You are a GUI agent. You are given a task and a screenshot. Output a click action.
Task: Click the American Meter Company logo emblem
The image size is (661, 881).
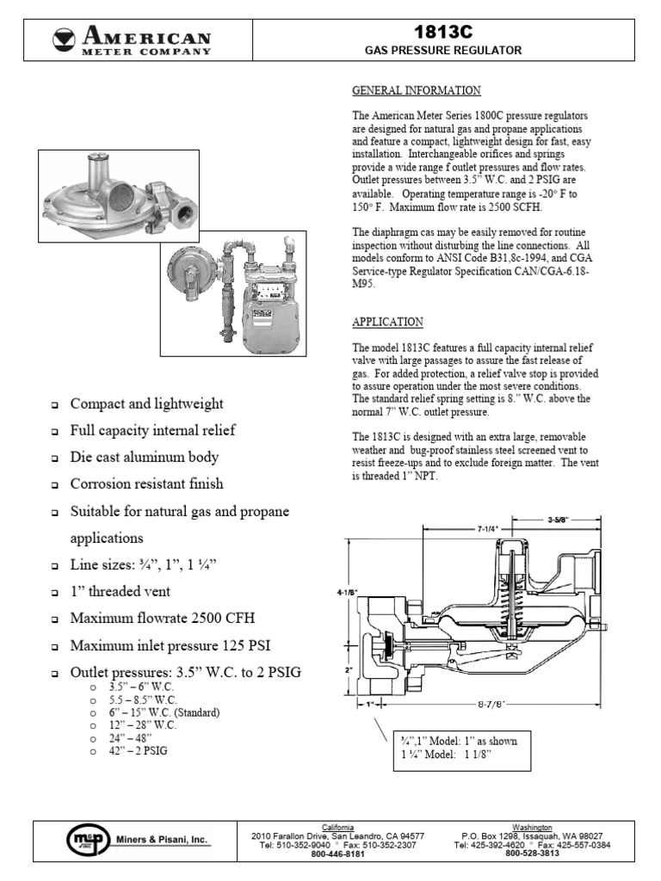point(64,39)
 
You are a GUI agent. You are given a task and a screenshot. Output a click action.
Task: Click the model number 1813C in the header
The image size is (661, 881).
point(443,32)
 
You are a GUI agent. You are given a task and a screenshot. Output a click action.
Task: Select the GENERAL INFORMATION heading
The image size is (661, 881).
point(416,90)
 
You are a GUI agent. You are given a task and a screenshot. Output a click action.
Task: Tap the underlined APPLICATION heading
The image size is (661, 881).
point(387,322)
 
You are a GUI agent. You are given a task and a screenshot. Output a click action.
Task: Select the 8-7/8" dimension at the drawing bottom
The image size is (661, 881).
point(490,703)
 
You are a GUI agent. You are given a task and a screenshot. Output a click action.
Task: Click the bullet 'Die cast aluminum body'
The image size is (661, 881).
point(145,458)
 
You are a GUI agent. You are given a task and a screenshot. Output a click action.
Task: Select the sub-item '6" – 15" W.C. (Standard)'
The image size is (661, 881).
point(164,713)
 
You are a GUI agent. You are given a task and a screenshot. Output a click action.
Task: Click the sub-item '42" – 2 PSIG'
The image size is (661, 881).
point(139,750)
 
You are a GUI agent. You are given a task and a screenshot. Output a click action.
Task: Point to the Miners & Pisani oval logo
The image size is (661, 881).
point(88,839)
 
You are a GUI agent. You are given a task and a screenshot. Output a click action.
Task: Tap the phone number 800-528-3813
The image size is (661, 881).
point(532,853)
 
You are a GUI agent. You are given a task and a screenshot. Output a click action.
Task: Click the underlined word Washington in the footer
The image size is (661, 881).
point(532,827)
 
